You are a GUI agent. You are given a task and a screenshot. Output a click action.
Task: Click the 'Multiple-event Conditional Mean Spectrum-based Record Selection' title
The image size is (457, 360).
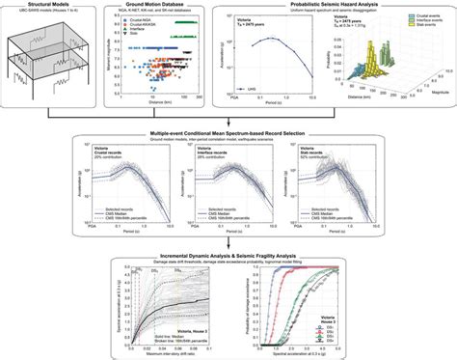click(x=228, y=126)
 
